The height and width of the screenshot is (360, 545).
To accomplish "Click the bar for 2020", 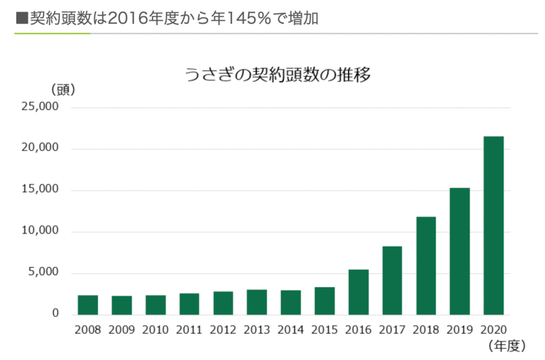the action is (493, 225).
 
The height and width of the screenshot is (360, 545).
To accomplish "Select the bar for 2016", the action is (358, 292).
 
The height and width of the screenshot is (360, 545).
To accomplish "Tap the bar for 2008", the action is (88, 305).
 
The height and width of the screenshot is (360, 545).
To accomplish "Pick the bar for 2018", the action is (426, 266).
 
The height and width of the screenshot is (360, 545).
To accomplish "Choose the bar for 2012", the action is (223, 303).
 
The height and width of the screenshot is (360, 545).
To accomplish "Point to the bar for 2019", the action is (460, 252).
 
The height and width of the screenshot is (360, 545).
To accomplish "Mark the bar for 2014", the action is (291, 303).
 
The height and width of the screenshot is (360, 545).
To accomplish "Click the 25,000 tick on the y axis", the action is (40, 106).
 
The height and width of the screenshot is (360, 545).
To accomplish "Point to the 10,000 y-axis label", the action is (40, 230).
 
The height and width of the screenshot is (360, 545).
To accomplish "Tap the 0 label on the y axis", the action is (55, 313).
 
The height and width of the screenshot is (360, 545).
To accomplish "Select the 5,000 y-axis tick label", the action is (44, 272).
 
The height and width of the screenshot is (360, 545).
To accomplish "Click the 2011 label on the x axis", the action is (189, 330).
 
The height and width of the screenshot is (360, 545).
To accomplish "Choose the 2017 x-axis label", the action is (392, 330).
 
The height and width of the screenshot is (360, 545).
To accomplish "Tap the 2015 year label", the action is (324, 330).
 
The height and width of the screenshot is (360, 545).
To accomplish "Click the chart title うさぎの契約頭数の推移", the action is (277, 74).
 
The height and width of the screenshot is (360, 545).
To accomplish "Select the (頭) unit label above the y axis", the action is (63, 89).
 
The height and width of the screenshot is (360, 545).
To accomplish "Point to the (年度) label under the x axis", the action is (507, 346).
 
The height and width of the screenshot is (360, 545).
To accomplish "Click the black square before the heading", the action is (22, 18).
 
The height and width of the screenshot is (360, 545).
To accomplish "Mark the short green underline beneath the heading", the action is (52, 34).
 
